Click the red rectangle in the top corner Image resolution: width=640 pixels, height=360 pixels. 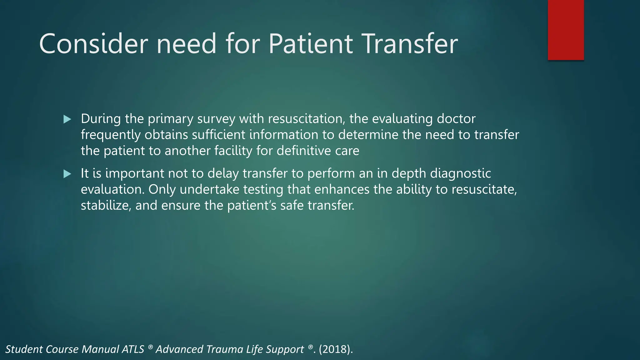[566, 30]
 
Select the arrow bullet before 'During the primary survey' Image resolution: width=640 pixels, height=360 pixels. [67, 119]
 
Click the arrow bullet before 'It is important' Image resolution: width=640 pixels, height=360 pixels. [67, 174]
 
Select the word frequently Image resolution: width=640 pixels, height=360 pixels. [111, 135]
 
